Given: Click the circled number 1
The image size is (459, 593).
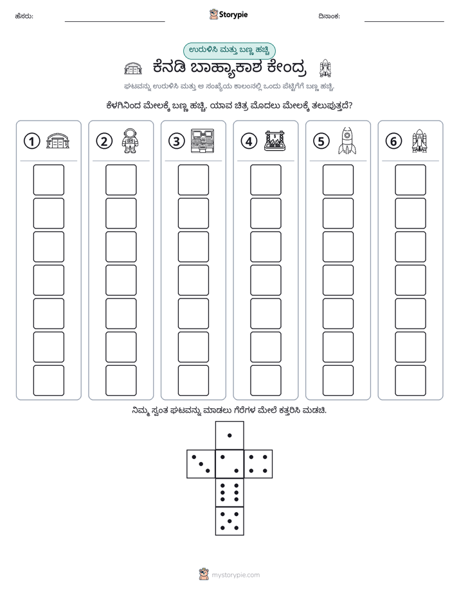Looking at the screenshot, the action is pyautogui.click(x=32, y=141).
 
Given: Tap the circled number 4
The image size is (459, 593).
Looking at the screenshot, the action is pyautogui.click(x=249, y=141).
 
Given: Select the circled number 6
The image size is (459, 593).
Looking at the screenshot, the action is pyautogui.click(x=393, y=141).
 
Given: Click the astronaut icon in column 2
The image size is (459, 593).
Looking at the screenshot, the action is pyautogui.click(x=130, y=141).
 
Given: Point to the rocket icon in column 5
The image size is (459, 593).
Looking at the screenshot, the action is pyautogui.click(x=347, y=141).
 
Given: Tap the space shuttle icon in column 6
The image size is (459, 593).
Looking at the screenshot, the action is pyautogui.click(x=419, y=141).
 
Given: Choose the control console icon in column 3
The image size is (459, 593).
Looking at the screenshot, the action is pyautogui.click(x=203, y=141).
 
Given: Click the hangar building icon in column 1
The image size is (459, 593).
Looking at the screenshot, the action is pyautogui.click(x=58, y=141).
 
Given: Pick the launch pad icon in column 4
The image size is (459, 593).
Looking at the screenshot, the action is pyautogui.click(x=275, y=141).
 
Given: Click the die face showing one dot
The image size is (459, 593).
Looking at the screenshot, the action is pyautogui.click(x=230, y=435).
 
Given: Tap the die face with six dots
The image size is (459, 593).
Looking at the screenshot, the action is pyautogui.click(x=230, y=492).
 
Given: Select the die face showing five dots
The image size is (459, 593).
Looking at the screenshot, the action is pyautogui.click(x=230, y=521).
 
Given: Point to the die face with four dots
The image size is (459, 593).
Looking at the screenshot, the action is pyautogui.click(x=258, y=464).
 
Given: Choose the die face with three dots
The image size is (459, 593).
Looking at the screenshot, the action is pyautogui.click(x=201, y=464).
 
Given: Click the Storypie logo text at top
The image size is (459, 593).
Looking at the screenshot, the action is pyautogui.click(x=233, y=15).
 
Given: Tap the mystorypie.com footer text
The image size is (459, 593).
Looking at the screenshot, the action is pyautogui.click(x=235, y=575).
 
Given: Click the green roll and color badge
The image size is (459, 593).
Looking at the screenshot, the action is pyautogui.click(x=229, y=51).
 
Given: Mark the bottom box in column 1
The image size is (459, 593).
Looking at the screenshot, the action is pyautogui.click(x=48, y=381).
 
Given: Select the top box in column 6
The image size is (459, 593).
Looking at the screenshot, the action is pyautogui.click(x=411, y=180).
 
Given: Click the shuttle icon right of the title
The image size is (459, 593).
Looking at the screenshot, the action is pyautogui.click(x=325, y=68).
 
